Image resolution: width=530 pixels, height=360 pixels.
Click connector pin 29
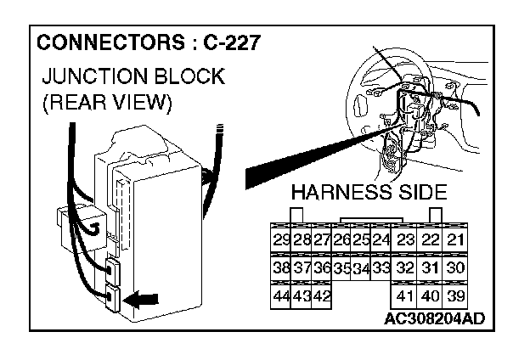tap(280, 239)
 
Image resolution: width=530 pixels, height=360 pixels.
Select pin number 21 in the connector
tap(455, 239)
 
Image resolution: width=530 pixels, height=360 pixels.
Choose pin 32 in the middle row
tap(405, 267)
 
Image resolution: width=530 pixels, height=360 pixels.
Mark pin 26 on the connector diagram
tap(342, 239)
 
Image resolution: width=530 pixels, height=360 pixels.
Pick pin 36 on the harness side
tap(321, 267)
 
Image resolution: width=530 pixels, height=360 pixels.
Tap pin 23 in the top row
tap(405, 239)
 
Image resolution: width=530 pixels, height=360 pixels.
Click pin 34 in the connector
tap(361, 268)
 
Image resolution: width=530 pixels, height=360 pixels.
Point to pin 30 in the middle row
tap(455, 267)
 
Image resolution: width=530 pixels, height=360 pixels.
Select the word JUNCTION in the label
tap(91, 76)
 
